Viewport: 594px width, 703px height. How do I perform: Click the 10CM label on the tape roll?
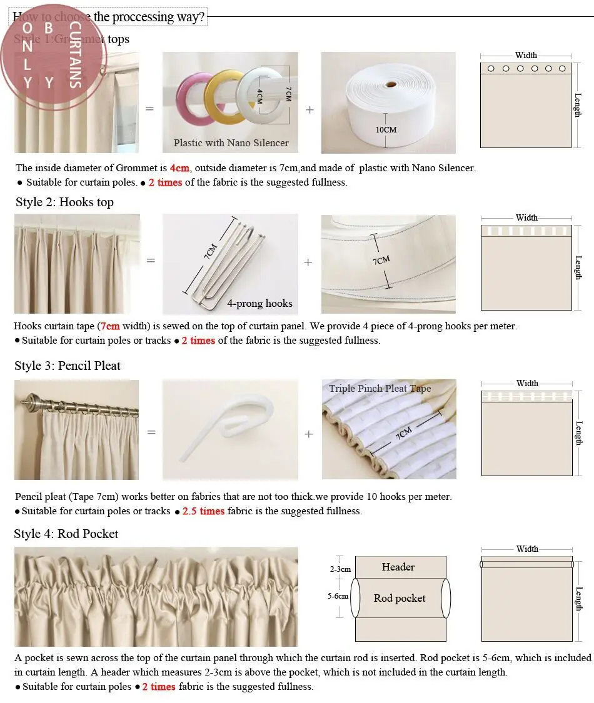pos(386,130)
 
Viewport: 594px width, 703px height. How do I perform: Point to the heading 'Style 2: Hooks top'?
pos(64,202)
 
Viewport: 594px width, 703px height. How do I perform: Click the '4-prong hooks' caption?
pos(259,304)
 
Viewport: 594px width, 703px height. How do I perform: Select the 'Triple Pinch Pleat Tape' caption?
pos(380,389)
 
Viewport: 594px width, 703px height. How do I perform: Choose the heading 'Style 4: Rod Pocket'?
pos(66,534)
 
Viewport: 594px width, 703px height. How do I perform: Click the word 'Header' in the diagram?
pos(398,567)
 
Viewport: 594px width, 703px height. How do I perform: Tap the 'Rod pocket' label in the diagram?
pos(400,599)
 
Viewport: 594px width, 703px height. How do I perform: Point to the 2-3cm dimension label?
pos(340,569)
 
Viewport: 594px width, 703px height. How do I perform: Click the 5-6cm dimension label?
pos(338,597)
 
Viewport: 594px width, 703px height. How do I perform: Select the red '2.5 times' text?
pos(203,511)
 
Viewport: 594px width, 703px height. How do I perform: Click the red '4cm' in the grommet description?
pos(179,168)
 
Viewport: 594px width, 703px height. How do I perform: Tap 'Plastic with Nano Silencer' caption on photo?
pos(231,143)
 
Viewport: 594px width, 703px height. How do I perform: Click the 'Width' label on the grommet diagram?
pos(526,56)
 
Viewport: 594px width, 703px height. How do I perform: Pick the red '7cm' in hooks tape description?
pos(110,326)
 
